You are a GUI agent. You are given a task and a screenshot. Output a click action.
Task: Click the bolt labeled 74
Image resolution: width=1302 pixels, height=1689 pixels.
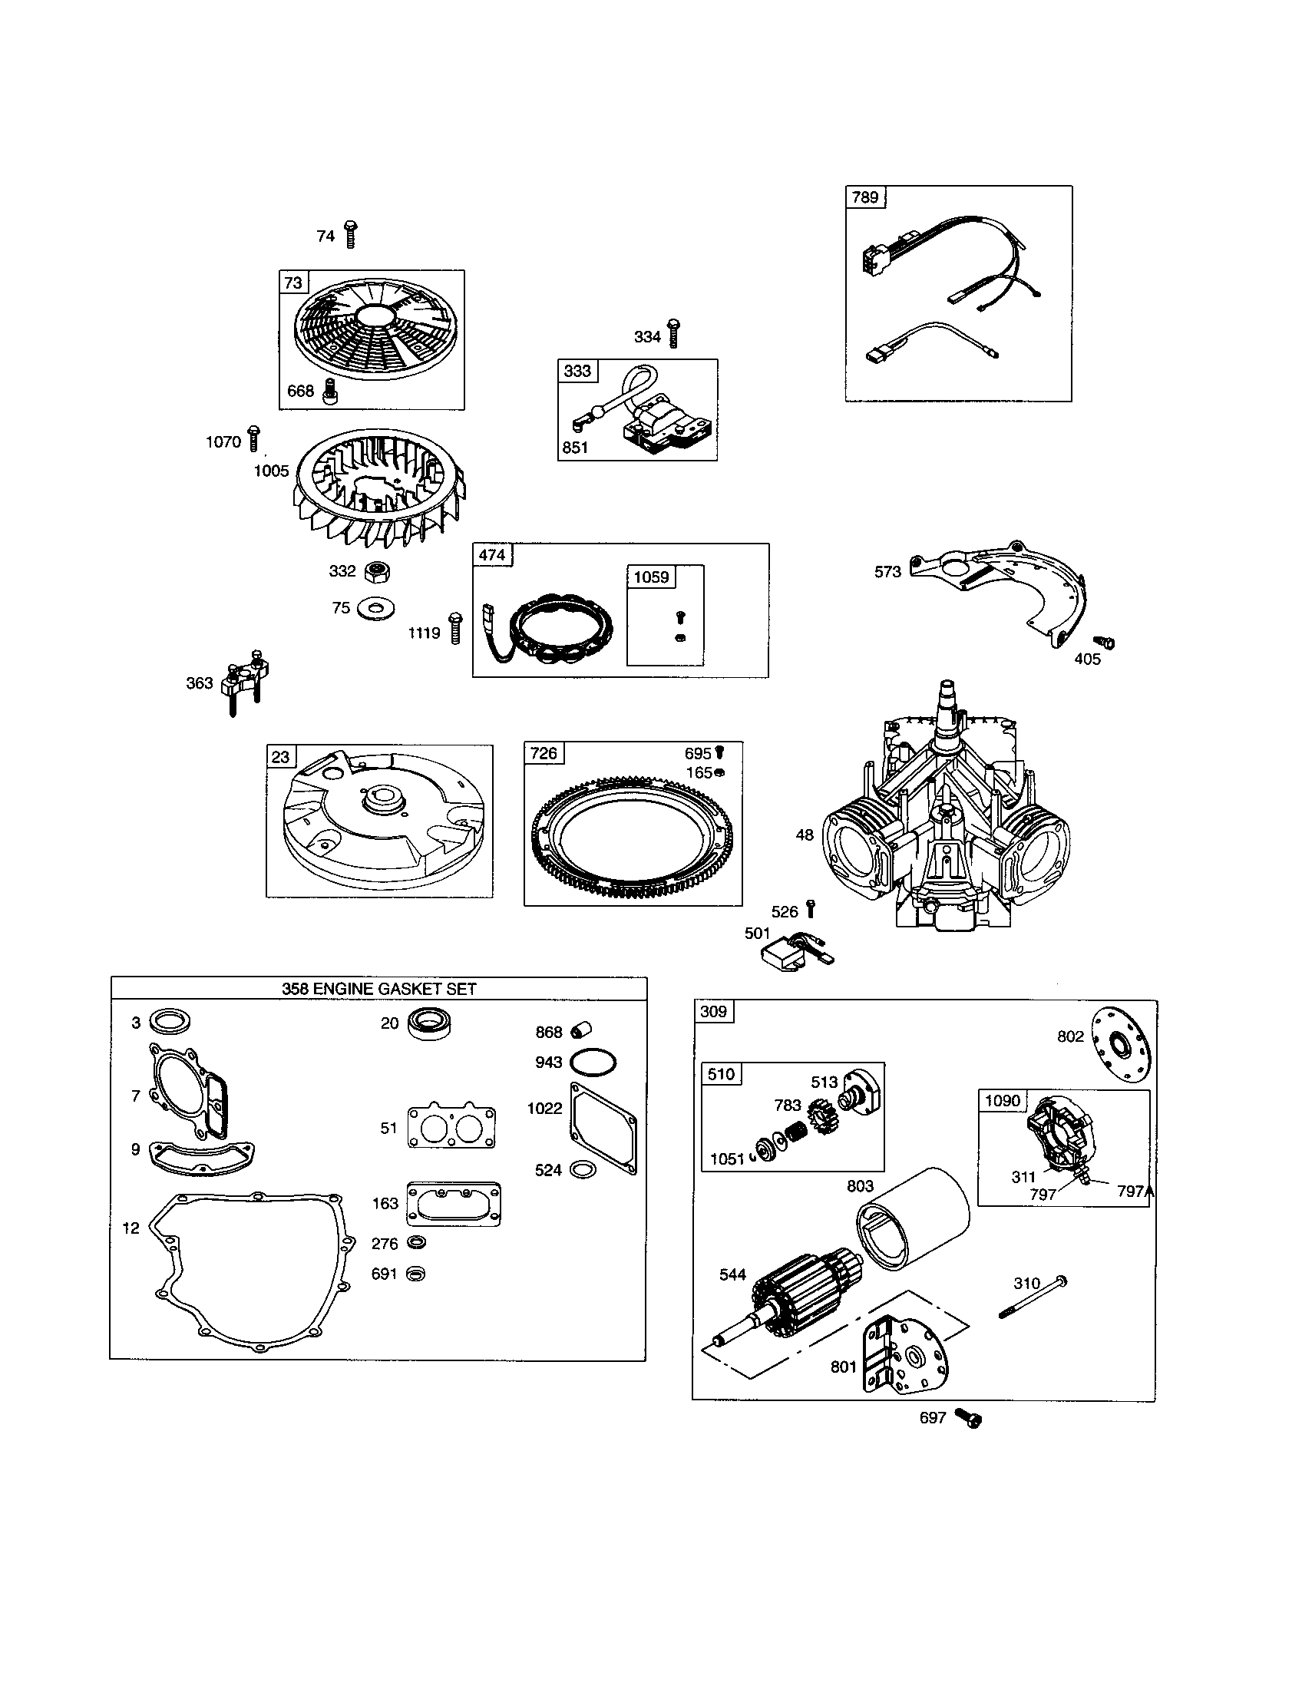point(350,233)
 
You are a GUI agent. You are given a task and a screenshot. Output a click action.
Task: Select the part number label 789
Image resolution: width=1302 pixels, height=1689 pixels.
point(864,197)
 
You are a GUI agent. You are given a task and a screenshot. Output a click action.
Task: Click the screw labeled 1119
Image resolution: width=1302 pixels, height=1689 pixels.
point(455,628)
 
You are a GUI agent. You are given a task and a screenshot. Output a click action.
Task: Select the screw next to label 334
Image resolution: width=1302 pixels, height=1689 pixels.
point(672,333)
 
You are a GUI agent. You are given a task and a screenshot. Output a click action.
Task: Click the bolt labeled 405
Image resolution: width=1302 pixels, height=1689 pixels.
point(1106,642)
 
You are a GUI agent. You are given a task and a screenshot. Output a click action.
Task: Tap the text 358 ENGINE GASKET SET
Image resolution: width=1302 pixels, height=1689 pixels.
point(378,988)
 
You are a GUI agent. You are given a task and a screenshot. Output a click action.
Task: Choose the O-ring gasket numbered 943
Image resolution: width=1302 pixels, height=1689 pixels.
point(593,1063)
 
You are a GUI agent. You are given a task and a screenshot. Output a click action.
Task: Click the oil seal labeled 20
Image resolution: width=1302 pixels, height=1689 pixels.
point(430,1024)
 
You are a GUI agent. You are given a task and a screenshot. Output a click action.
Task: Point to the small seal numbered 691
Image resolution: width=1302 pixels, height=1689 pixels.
point(416,1274)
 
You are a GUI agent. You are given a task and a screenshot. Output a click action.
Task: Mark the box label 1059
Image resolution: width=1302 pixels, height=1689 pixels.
point(651,577)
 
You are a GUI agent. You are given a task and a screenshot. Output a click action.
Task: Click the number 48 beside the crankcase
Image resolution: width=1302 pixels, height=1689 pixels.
point(805,835)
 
